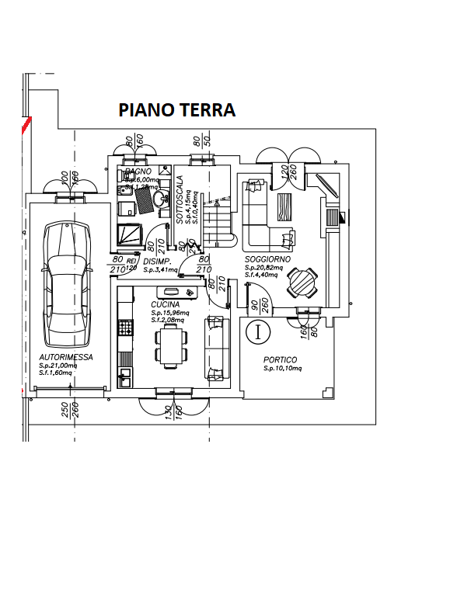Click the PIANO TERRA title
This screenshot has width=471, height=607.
point(176,110)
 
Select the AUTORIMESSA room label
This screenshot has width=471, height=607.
point(66,357)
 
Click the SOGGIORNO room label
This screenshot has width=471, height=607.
point(267,258)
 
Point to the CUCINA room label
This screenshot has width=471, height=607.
point(166,304)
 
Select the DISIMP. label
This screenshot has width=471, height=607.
point(157,262)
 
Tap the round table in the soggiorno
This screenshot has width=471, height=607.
point(301,283)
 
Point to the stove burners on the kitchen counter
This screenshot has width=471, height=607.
point(124,328)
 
